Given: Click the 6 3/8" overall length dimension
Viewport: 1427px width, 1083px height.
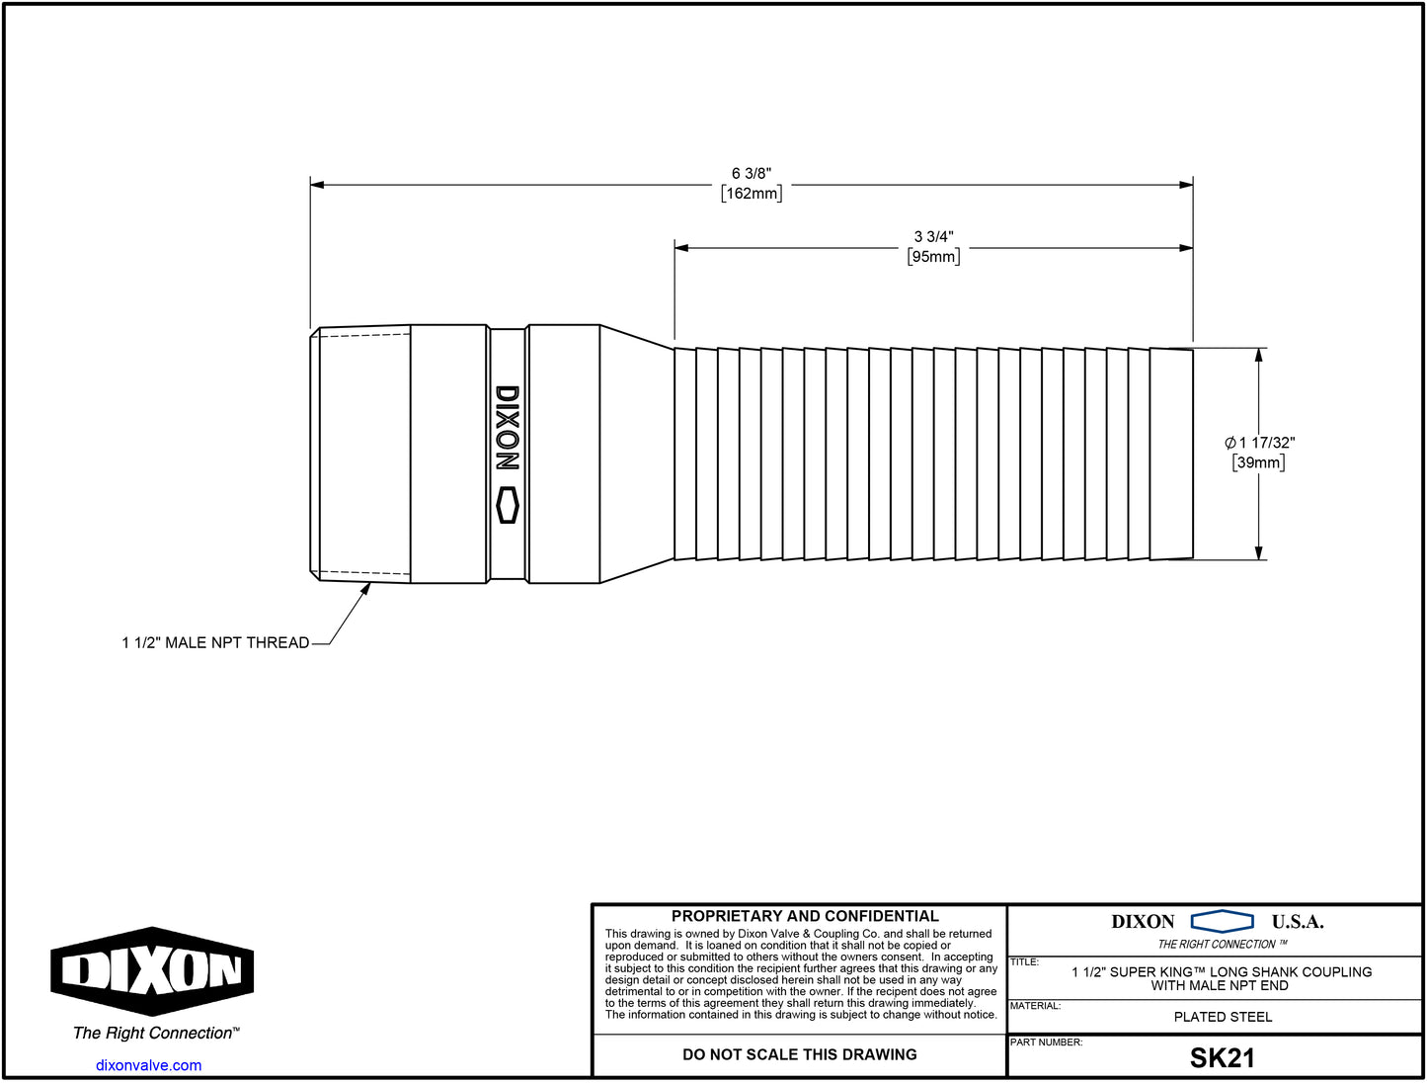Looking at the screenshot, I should point(751,174).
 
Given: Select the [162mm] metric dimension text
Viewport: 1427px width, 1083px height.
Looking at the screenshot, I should point(752,194).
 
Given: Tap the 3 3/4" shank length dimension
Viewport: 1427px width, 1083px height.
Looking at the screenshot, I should point(933,237).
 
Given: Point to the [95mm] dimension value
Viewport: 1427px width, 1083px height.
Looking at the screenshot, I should point(933,257).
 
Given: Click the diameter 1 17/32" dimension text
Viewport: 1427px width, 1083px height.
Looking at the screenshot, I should point(1259,443).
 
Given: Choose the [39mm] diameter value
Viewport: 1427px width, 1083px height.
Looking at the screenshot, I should point(1258,462).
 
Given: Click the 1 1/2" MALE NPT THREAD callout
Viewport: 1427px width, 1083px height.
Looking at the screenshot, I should point(215,643).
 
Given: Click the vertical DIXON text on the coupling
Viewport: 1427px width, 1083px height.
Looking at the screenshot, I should point(507,428).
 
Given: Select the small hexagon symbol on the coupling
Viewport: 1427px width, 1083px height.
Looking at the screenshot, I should point(507,505).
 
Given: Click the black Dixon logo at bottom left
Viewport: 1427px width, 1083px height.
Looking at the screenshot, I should point(152,971).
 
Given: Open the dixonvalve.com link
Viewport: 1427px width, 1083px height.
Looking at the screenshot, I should point(148,1065).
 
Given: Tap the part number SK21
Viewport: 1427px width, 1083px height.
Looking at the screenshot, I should point(1222,1058).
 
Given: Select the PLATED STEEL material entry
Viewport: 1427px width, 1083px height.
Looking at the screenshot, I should point(1223,1017).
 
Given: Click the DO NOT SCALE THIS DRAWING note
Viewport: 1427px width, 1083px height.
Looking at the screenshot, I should point(799,1055).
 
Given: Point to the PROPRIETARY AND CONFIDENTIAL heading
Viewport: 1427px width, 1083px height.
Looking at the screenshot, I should point(805,917).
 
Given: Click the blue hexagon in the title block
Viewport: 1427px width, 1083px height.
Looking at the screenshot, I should point(1222,922).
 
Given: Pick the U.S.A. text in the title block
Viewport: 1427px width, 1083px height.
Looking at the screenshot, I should point(1297,922).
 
